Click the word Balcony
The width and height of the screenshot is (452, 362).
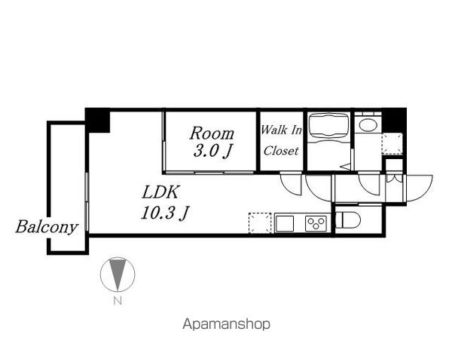(x=47, y=227)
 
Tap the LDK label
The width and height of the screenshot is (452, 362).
(x=161, y=192)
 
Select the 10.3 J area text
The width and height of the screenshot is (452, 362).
(x=164, y=213)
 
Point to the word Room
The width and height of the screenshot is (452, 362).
(x=212, y=133)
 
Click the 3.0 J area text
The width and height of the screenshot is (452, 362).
(x=212, y=151)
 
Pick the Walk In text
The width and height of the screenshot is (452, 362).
(x=281, y=130)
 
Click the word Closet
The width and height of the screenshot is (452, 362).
(x=281, y=150)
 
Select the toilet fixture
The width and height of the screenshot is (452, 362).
(x=348, y=220)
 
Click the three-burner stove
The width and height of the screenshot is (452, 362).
(x=316, y=223)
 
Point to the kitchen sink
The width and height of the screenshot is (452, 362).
(x=285, y=224)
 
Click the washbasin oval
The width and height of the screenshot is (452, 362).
(x=368, y=125)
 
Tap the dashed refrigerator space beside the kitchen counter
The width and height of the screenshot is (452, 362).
(x=260, y=223)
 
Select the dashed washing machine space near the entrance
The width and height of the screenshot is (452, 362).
(x=392, y=143)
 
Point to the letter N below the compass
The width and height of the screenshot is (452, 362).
(x=118, y=301)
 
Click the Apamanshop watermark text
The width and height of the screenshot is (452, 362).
(x=226, y=324)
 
